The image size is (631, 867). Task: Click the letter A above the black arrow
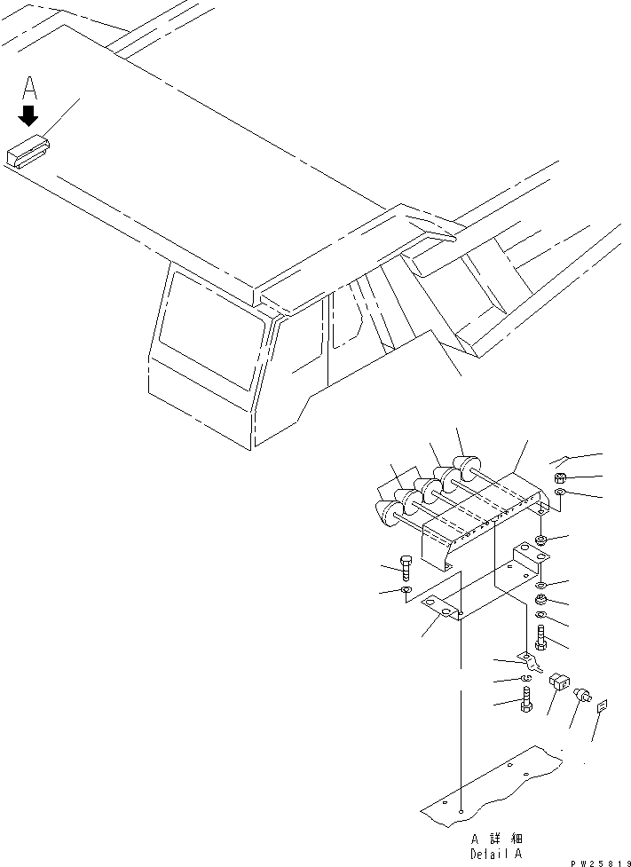(x=29, y=88)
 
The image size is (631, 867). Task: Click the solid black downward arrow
(x=29, y=115)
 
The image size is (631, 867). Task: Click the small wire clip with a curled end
(x=532, y=661)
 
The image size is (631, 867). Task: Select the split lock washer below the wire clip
(x=525, y=681)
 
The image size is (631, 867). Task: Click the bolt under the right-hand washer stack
(x=542, y=637)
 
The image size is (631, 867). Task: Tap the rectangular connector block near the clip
(x=559, y=682)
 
